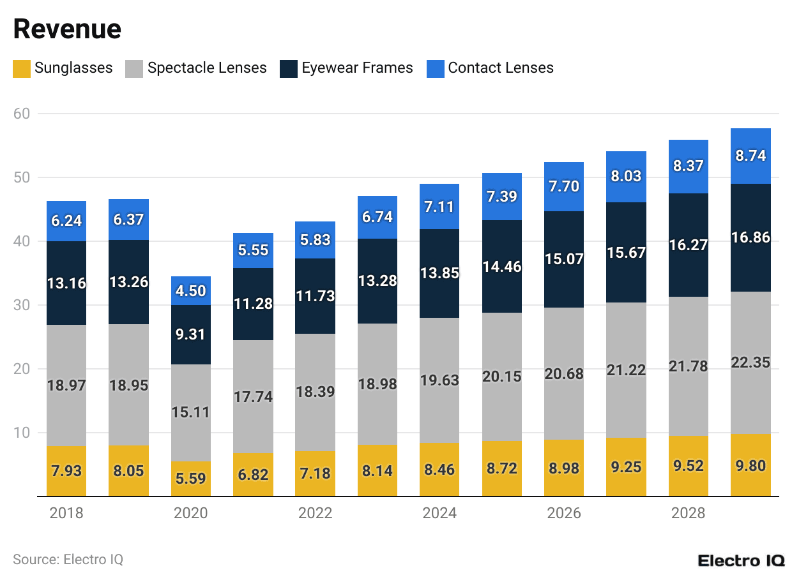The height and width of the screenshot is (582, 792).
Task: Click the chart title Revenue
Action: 67,29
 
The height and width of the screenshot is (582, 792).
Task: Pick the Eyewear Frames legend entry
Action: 347,68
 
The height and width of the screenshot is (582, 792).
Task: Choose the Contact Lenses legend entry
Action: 490,68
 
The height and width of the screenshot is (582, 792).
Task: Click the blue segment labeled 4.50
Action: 191,290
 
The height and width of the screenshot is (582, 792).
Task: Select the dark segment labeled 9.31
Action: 191,334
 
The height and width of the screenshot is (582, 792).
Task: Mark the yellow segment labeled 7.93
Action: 66,471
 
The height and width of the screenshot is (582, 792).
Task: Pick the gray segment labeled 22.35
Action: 750,362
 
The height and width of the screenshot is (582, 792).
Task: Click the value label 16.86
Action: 750,238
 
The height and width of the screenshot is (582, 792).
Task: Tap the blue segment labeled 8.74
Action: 750,156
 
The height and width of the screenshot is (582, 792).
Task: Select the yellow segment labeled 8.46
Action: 439,470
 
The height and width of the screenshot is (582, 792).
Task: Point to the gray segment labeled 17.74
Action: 253,396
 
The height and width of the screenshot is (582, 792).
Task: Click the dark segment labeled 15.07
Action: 564,260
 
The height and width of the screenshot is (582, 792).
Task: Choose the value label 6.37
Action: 128,220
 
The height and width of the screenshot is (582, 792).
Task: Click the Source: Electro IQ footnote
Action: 68,560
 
